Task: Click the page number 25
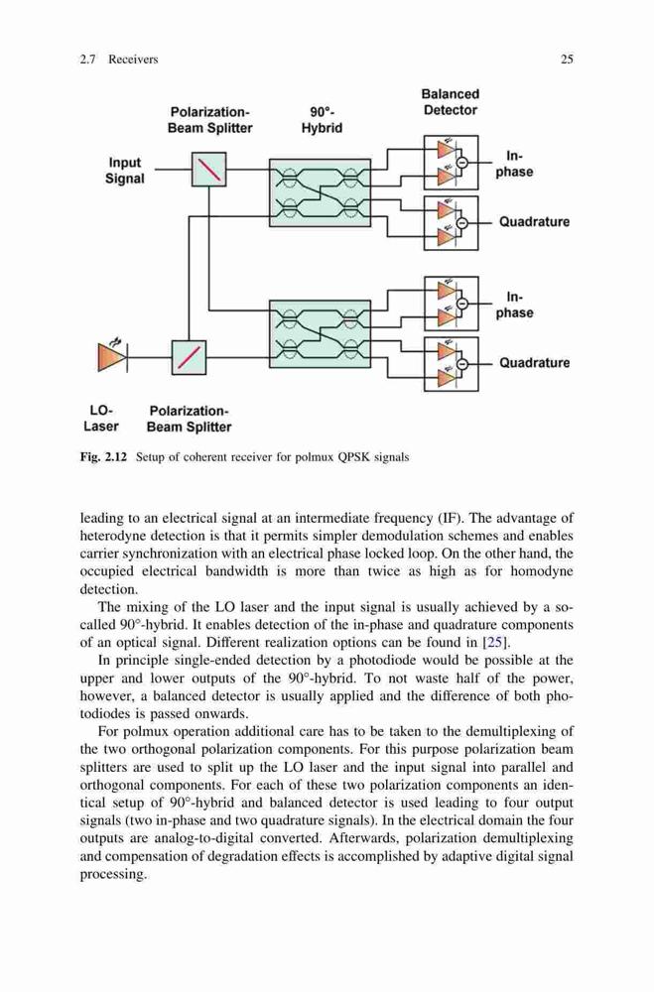click(567, 60)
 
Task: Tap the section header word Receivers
click(133, 60)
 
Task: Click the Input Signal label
click(125, 171)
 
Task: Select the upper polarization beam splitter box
click(209, 170)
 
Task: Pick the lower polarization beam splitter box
click(189, 357)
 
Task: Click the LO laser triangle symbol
click(107, 357)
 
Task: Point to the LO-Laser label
click(100, 419)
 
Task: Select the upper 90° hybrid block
click(320, 192)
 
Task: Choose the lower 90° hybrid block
click(320, 333)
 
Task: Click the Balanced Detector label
click(451, 102)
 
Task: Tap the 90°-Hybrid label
click(322, 120)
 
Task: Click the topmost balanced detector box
click(451, 163)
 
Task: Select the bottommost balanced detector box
click(451, 364)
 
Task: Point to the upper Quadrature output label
click(534, 222)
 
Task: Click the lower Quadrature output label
click(534, 363)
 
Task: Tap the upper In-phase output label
click(514, 164)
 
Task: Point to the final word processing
click(113, 875)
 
